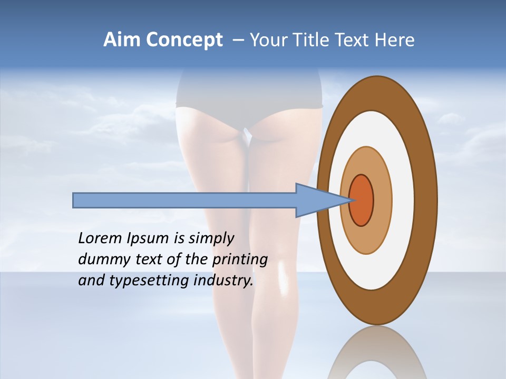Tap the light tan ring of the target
383,201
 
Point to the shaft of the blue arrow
184,201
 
